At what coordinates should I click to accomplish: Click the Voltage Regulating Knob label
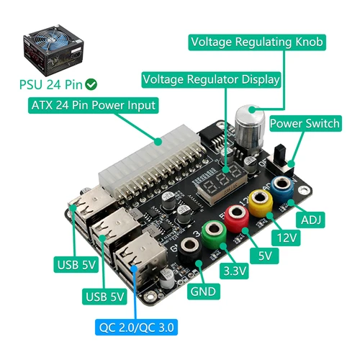(256, 42)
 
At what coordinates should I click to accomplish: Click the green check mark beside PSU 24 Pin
(93, 84)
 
